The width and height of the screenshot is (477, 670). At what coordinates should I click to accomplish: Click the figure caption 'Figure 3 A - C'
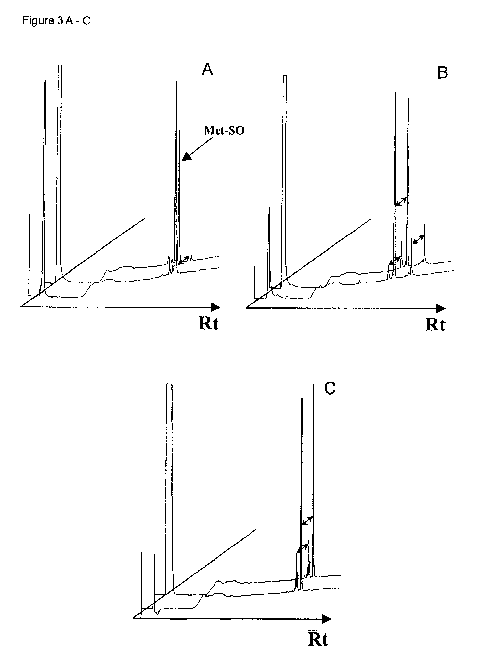click(56, 21)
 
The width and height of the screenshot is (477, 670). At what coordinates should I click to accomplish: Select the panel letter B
click(442, 73)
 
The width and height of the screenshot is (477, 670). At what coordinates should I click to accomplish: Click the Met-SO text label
click(224, 130)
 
